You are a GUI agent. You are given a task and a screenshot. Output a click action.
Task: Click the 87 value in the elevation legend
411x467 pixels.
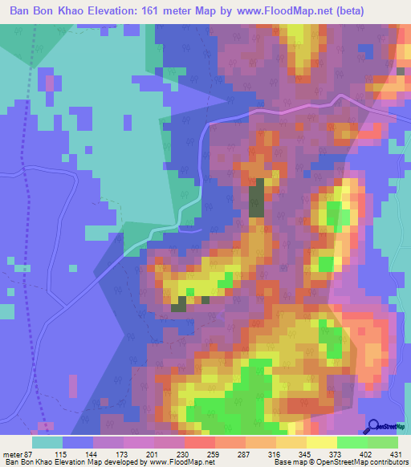[x=30, y=455]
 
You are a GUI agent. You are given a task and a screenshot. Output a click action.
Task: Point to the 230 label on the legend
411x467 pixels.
[x=185, y=455]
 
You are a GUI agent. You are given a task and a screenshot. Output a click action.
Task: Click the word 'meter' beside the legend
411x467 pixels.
[x=12, y=455]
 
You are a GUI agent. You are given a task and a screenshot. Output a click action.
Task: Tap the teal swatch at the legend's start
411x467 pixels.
[x=47, y=442]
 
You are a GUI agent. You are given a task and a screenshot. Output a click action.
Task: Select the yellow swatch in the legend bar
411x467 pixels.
[x=322, y=442]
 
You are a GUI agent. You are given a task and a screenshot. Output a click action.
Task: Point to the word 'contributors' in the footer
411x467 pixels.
[x=385, y=463]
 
